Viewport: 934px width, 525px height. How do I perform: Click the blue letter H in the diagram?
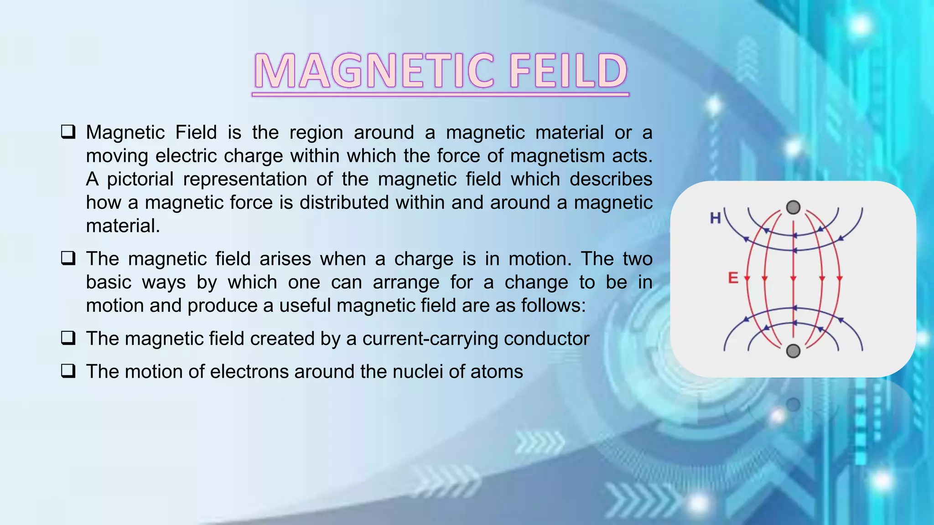715,218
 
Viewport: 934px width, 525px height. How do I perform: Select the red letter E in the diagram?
733,278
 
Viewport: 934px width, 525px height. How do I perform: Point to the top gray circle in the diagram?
794,207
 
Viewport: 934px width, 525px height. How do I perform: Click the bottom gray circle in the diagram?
794,351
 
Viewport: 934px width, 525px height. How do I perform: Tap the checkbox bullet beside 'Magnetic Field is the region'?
68,132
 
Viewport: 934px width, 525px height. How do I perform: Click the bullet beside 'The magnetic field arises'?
68,258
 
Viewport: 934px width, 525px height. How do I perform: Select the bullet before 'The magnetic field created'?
68,338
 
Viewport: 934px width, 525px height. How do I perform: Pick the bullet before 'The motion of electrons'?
68,371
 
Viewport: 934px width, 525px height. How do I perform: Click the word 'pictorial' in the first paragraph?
140,179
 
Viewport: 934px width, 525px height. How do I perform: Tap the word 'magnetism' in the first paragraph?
556,156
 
